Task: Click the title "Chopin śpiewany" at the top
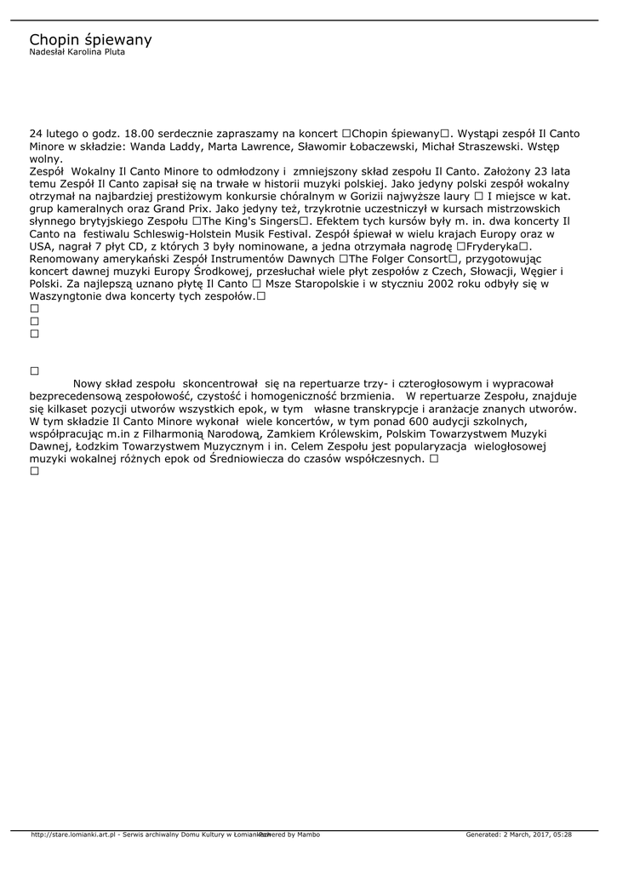[x=90, y=40]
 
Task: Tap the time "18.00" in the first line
[x=138, y=134]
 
